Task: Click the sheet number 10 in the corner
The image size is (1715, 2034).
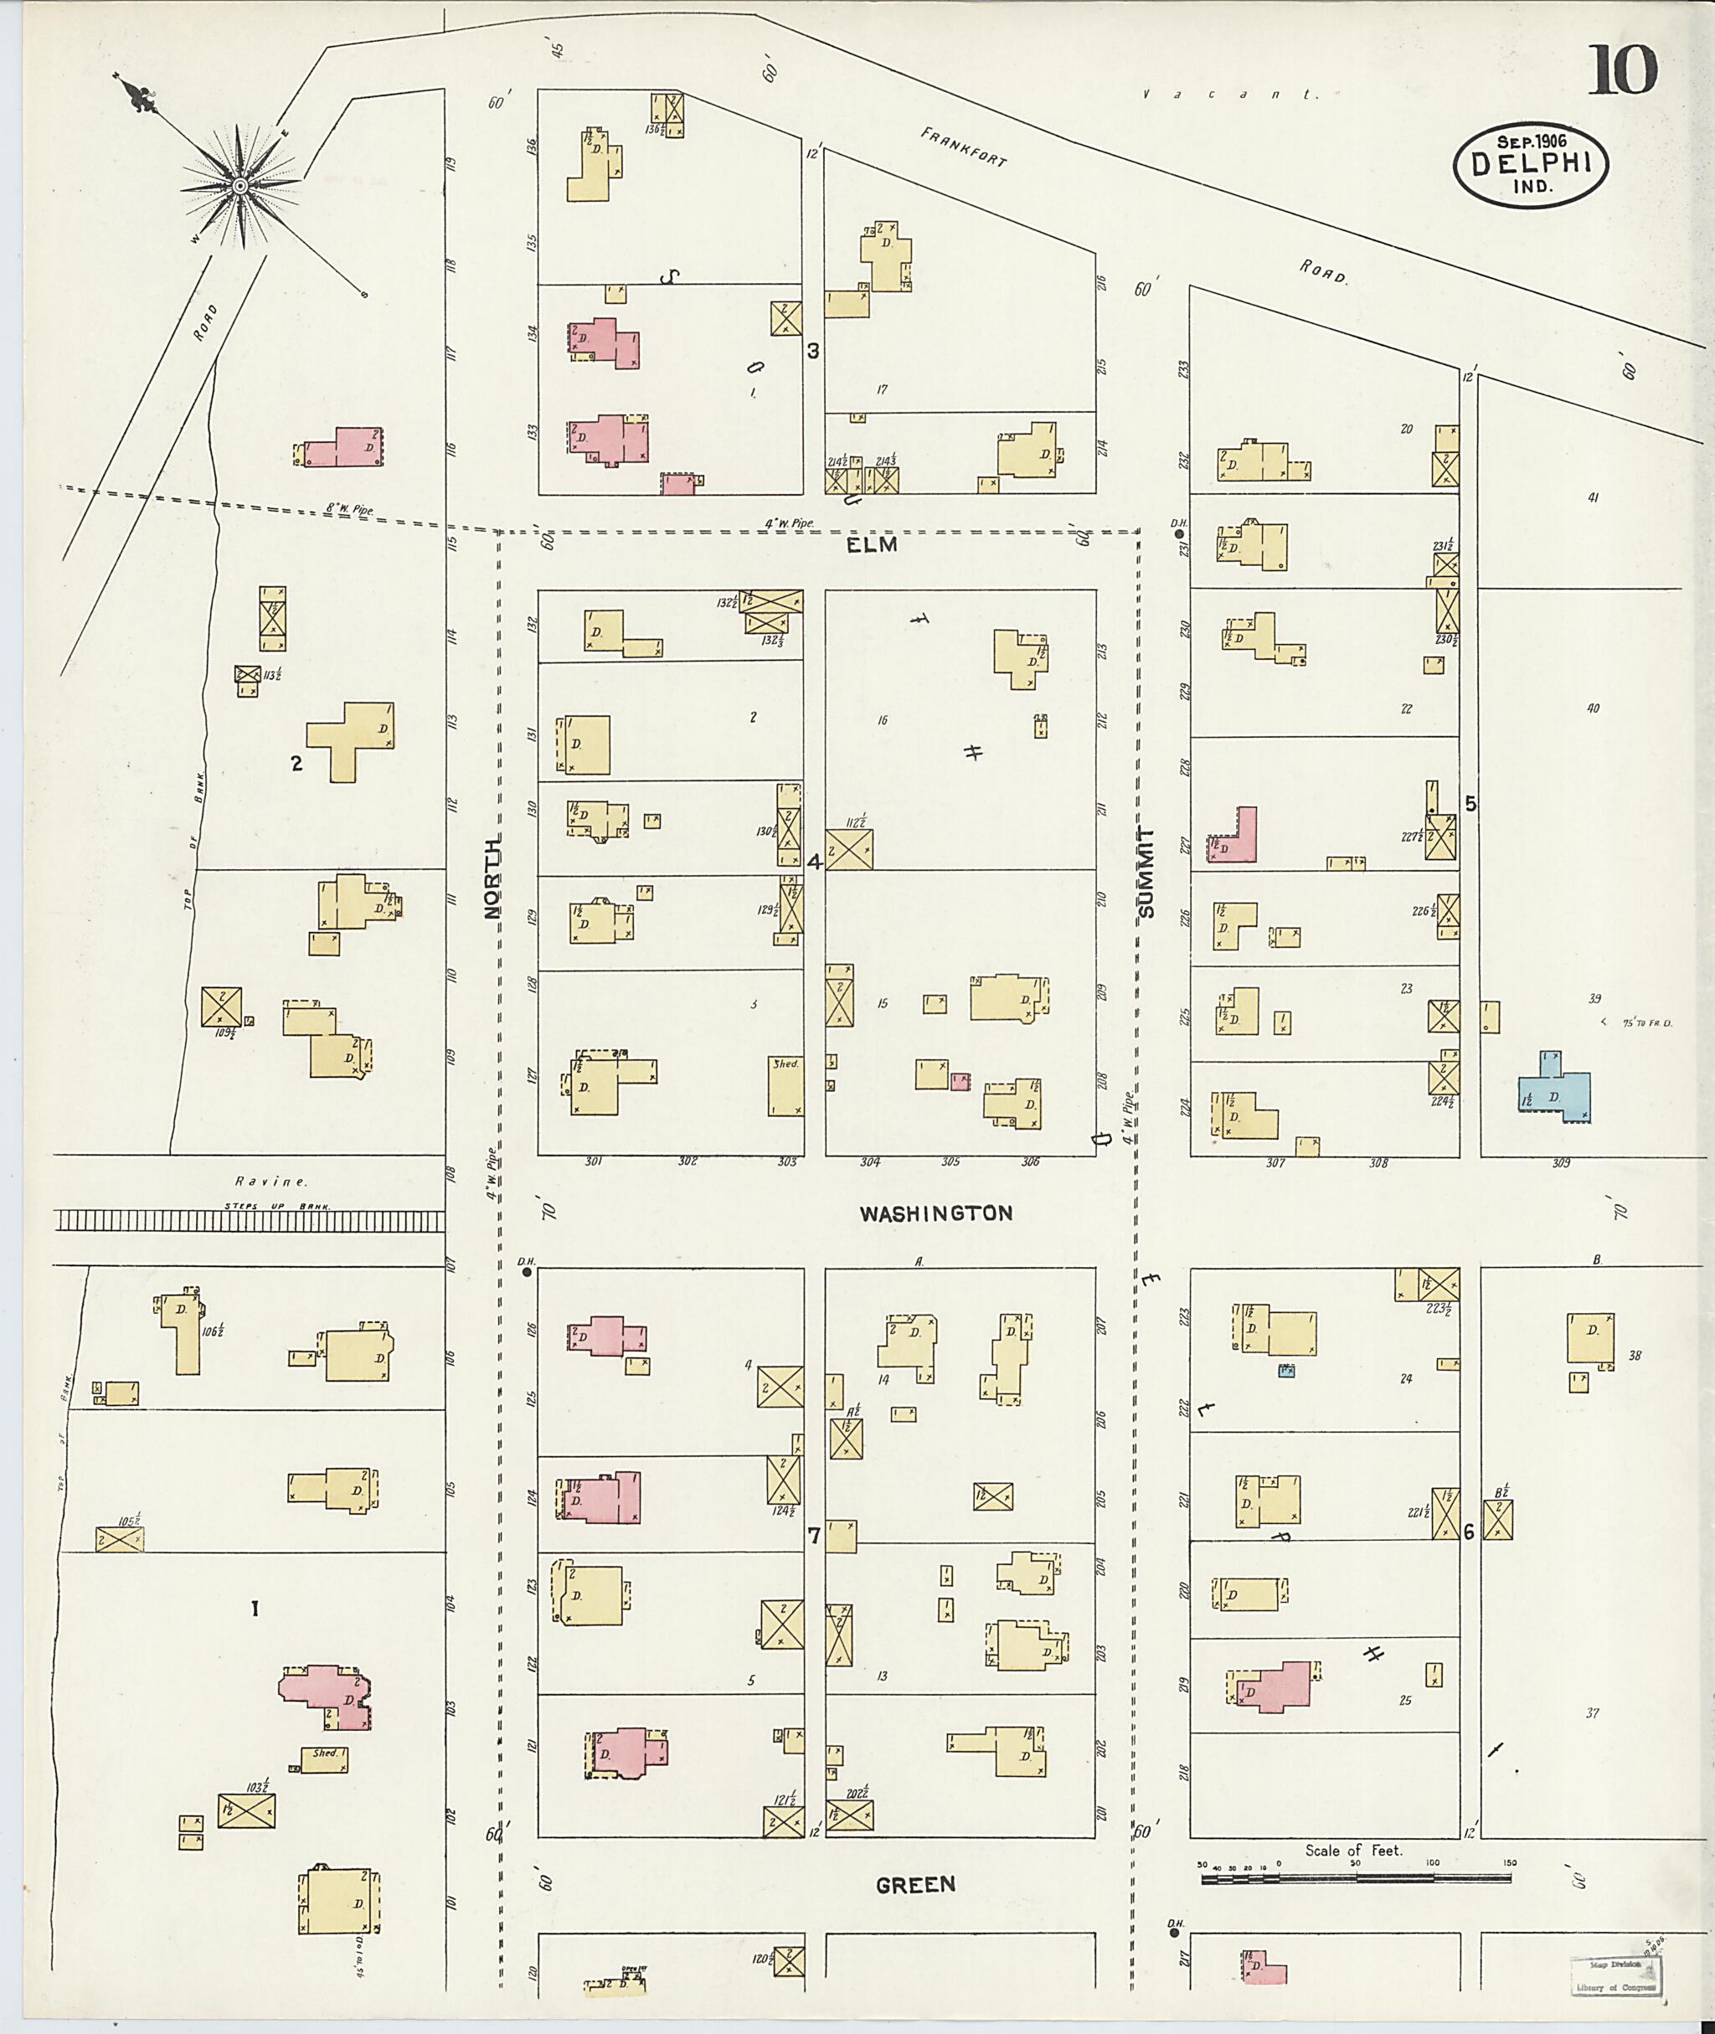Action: pos(1624,70)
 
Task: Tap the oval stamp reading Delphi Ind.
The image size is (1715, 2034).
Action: pos(1530,165)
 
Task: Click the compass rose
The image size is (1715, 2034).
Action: pos(239,185)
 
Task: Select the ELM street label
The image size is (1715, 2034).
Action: pos(871,545)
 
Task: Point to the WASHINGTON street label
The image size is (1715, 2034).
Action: pos(935,1213)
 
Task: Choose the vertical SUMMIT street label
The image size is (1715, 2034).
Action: pos(1147,873)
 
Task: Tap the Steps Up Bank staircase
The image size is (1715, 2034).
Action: pos(249,1220)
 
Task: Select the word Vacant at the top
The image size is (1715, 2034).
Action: pos(1230,95)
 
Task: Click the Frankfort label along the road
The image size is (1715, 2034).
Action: pos(962,147)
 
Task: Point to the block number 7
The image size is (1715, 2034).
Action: pos(814,1537)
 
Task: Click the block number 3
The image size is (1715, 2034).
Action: pos(813,351)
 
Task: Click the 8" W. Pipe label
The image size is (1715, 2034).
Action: pos(350,508)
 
